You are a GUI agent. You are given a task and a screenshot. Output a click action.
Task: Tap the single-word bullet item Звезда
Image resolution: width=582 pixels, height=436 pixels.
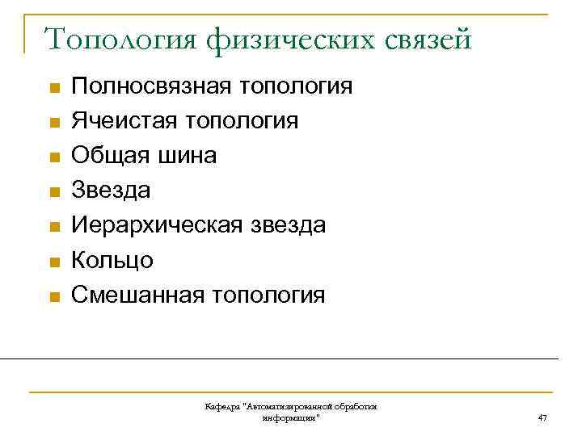click(x=111, y=191)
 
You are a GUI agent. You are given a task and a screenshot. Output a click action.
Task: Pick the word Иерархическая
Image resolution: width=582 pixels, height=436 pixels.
click(x=155, y=225)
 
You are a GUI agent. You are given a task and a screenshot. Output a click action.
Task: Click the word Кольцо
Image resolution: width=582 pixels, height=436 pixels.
click(x=112, y=260)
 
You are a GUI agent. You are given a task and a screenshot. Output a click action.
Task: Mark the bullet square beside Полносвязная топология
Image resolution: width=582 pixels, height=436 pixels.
click(x=53, y=88)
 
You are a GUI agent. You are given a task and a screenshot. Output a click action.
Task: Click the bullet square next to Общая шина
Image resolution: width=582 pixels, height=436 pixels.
click(x=53, y=157)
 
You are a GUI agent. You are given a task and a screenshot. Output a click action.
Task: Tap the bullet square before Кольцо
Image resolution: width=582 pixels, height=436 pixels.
click(x=53, y=262)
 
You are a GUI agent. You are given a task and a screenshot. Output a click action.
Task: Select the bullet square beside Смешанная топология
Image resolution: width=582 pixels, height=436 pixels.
click(x=53, y=296)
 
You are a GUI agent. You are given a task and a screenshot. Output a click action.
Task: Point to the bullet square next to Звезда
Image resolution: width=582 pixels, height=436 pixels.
click(x=53, y=192)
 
